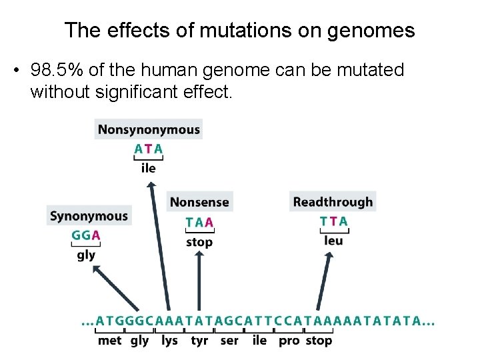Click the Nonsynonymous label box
tap(149, 129)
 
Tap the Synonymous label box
tap(89, 216)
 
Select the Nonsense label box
tap(199, 202)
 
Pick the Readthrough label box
tap(333, 202)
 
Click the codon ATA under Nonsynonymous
tap(148, 149)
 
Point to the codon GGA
tap(86, 235)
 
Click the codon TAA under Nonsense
tap(199, 222)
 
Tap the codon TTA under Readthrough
tap(333, 221)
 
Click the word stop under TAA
tap(199, 242)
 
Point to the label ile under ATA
tap(148, 168)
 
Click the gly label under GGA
tap(86, 255)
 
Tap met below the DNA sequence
tap(110, 341)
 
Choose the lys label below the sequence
tap(169, 341)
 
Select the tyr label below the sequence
tap(199, 341)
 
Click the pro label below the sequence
tap(289, 341)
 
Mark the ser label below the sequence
tap(229, 341)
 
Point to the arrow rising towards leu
tap(327, 280)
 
